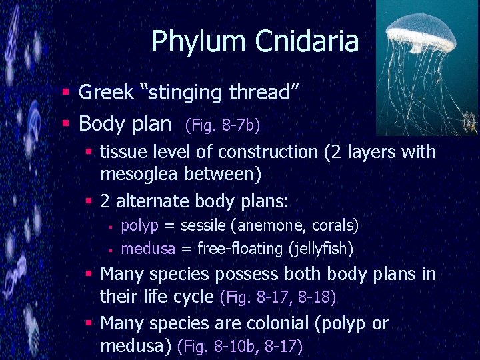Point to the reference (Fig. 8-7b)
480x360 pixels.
coord(223,125)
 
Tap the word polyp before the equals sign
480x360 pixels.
coord(139,225)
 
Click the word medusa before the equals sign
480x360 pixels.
coord(149,249)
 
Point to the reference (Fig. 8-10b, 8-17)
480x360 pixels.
coord(240,346)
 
